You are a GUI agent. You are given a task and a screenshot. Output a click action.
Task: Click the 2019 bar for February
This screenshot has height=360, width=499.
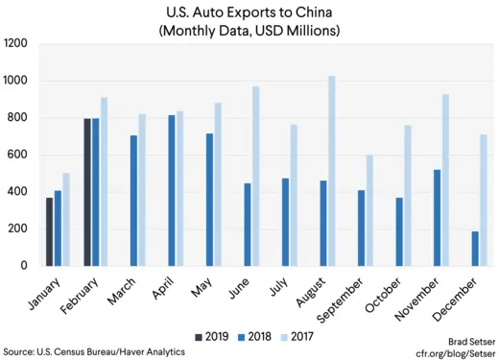(88, 192)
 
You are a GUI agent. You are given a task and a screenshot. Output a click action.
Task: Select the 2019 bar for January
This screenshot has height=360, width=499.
(50, 231)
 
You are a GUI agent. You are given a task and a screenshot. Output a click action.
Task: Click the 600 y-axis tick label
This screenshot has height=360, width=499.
(18, 155)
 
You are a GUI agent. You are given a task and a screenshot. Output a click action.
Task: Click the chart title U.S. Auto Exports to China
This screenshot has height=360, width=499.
(249, 13)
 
